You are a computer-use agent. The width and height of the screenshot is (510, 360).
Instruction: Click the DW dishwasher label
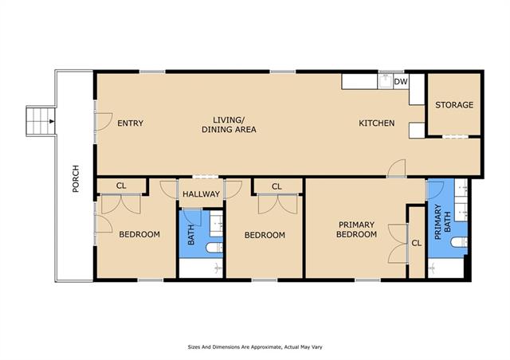(400, 81)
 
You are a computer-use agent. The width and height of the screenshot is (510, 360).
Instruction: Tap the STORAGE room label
(454, 104)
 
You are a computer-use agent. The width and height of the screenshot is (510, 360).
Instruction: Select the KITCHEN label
(377, 123)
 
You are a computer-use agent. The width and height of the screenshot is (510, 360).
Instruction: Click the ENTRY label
(130, 123)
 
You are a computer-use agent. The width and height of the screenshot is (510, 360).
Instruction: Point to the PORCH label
(76, 178)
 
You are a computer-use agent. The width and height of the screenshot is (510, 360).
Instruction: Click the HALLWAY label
(201, 194)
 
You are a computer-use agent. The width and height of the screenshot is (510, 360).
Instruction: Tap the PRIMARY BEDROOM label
(356, 229)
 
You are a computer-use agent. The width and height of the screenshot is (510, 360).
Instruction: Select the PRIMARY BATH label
(443, 221)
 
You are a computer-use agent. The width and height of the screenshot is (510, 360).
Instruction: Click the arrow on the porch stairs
(52, 121)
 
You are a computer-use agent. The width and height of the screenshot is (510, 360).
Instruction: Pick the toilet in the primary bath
(459, 242)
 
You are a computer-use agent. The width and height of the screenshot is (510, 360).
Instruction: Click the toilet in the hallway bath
(214, 248)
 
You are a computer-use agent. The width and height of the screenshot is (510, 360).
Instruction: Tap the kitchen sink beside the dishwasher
(385, 81)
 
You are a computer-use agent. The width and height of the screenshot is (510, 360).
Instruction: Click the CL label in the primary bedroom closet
(416, 243)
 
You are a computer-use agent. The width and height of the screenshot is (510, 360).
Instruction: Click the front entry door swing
(104, 122)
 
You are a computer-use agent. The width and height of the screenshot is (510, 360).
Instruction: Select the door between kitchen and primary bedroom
(397, 169)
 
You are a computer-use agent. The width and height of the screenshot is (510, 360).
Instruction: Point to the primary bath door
(435, 190)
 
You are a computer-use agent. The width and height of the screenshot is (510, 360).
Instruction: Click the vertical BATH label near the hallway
(191, 235)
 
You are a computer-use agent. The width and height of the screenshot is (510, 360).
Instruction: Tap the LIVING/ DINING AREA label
(229, 124)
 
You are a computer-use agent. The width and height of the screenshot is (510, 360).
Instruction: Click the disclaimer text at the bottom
(255, 347)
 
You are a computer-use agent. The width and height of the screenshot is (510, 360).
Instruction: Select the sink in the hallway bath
(216, 224)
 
